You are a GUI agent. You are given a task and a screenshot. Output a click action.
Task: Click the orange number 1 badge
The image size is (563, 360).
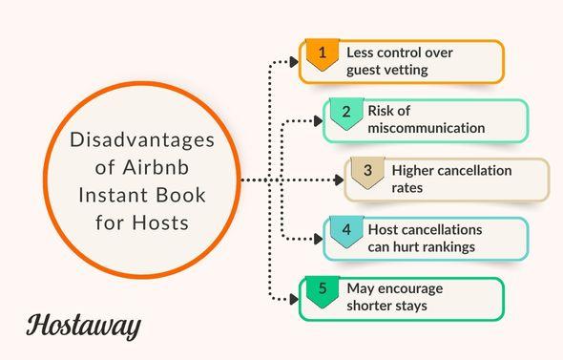coord(322,54)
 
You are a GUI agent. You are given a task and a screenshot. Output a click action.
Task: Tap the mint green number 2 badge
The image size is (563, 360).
coord(345,113)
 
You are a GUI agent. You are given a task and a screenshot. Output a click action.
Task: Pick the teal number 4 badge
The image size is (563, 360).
coord(345,230)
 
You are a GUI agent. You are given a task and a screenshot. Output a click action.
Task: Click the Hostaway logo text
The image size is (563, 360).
coord(83,324)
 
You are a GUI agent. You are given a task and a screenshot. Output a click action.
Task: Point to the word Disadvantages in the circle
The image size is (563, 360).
coord(142,140)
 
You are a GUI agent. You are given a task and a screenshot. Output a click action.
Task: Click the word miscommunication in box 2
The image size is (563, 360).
coord(426,128)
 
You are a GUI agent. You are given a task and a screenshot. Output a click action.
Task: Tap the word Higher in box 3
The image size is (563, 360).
coord(413,171)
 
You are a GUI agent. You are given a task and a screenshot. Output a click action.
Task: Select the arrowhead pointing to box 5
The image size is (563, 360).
coord(294,299)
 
